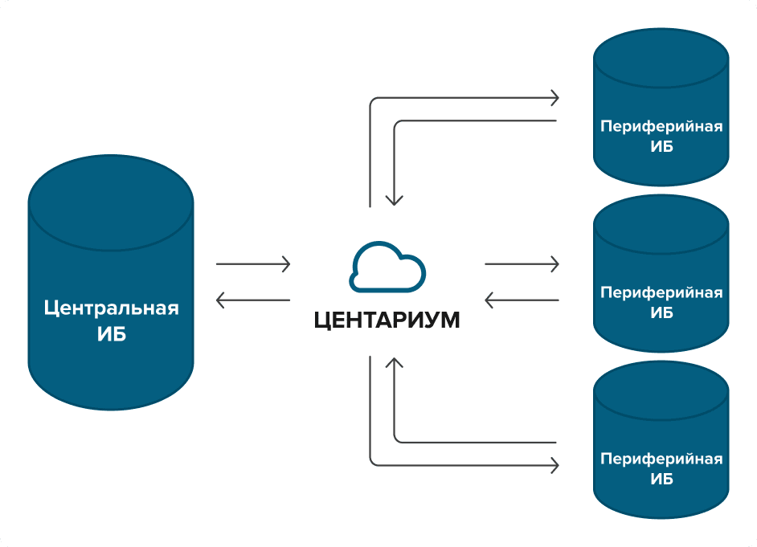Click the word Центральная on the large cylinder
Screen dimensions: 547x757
coord(111,308)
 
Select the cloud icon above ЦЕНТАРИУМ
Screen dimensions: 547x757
coord(387,267)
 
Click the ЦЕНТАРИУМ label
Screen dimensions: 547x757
coord(387,320)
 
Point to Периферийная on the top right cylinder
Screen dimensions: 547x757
coord(661,127)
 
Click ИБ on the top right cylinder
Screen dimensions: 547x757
coord(661,147)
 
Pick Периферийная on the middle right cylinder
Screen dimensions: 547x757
coord(661,292)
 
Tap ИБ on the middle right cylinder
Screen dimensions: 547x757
coord(661,312)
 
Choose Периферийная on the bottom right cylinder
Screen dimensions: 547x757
coord(661,459)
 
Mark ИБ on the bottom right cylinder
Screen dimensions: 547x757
coord(661,480)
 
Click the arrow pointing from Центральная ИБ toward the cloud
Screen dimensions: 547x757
coord(252,263)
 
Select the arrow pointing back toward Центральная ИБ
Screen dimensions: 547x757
coord(252,300)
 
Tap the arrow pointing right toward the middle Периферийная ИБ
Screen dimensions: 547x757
coord(522,263)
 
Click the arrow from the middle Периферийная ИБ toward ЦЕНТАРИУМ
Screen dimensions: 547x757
coord(522,300)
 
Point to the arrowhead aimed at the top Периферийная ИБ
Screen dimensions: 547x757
coord(553,99)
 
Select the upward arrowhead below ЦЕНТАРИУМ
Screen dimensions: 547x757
coord(393,364)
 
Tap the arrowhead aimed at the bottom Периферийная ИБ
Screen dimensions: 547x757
coord(553,464)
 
